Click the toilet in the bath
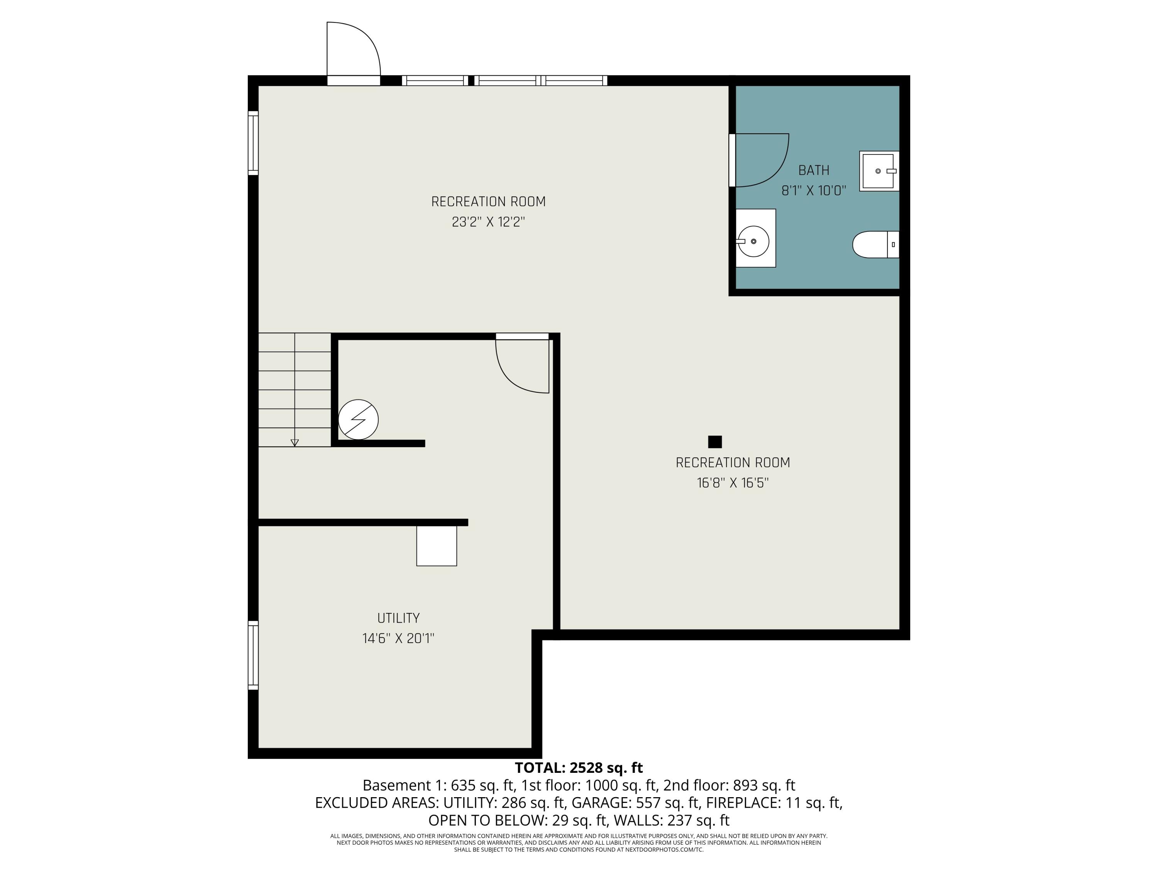875,244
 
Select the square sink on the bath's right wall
879,171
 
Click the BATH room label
814,170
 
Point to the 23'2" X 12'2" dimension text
488,222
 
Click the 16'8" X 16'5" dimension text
732,483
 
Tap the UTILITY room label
398,618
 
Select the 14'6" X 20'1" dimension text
398,638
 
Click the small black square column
714,442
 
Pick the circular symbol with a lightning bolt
358,419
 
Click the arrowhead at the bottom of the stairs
295,443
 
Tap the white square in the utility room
437,546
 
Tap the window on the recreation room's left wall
253,143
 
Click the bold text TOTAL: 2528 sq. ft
579,768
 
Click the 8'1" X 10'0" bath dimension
814,191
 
